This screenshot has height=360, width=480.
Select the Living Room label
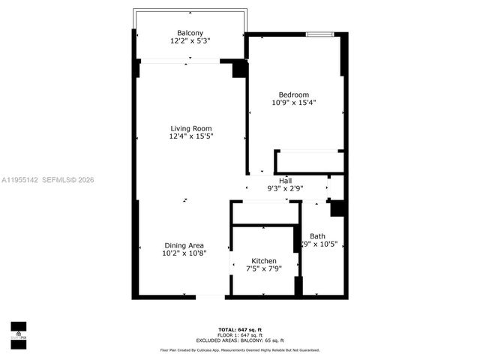191,128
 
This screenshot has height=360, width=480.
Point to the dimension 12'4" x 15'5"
191,136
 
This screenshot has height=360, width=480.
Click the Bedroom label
294,94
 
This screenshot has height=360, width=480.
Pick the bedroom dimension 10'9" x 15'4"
294,103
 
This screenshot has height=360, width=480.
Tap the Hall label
286,180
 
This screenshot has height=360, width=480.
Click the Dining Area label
184,245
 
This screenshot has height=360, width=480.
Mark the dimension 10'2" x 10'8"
184,253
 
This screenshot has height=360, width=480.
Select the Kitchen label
263,260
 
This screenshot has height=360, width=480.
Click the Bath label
318,235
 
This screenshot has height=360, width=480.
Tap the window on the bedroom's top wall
319,34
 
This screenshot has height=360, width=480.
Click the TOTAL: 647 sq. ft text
240,330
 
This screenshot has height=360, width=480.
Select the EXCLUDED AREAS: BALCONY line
240,340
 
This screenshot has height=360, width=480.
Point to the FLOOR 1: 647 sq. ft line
240,335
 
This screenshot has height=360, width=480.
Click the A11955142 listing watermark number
19,180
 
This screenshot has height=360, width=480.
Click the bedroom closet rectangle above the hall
309,162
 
